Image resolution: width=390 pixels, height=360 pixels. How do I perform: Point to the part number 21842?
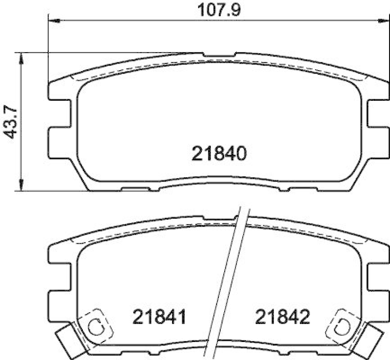coord(281,318)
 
